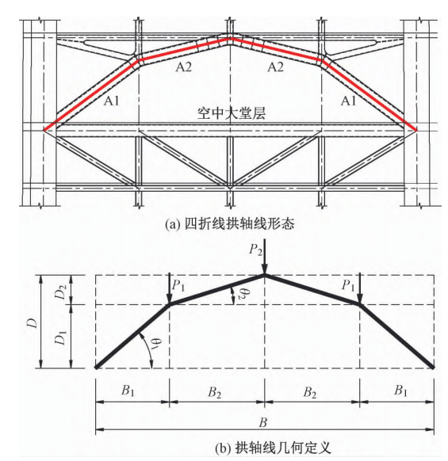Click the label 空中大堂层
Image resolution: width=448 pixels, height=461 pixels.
click(x=231, y=113)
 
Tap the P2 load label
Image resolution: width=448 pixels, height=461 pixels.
click(x=255, y=250)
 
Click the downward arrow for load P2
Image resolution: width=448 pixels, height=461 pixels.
click(x=265, y=257)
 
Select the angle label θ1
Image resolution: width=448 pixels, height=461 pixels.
click(x=156, y=344)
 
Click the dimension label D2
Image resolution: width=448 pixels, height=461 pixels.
click(x=62, y=291)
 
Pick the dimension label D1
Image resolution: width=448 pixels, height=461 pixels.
click(x=61, y=337)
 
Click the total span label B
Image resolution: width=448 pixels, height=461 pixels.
click(x=263, y=422)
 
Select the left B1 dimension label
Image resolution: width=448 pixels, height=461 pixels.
click(x=128, y=391)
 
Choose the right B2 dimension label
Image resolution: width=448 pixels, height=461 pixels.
click(x=310, y=392)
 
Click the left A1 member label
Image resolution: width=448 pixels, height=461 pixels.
click(x=112, y=101)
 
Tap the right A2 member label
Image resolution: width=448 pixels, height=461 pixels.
click(x=275, y=67)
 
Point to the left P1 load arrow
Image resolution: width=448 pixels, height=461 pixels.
click(x=169, y=288)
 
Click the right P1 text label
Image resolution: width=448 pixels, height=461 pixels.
click(x=348, y=285)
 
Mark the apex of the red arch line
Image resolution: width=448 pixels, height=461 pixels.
click(x=231, y=39)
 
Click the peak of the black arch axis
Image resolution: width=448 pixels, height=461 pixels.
click(x=265, y=275)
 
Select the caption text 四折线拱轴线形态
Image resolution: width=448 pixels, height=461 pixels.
click(x=239, y=224)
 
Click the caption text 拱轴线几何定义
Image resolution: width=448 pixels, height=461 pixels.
click(x=282, y=448)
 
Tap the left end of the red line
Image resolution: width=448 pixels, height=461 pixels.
click(x=44, y=130)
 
